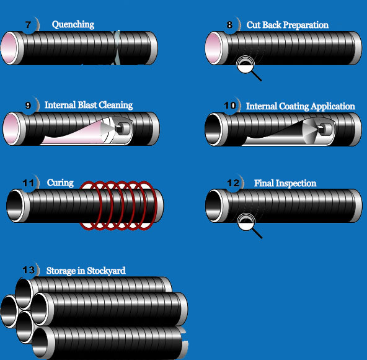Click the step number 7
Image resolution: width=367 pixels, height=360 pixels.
tap(28, 25)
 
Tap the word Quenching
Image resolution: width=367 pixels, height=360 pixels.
tap(73, 25)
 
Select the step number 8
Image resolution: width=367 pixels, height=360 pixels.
tap(229, 25)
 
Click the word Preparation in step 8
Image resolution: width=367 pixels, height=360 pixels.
tap(305, 25)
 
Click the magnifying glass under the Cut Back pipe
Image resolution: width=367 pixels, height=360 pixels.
tap(247, 66)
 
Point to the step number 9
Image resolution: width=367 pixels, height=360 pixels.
tap(28, 106)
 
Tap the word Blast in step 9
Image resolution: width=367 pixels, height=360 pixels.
tap(87, 105)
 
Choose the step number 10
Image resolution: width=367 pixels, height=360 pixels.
tap(230, 106)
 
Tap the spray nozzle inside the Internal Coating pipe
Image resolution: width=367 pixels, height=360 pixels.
tap(324, 128)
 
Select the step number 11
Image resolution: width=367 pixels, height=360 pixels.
tap(28, 183)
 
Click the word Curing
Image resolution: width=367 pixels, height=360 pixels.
tap(60, 183)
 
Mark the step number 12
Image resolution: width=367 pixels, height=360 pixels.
tap(233, 183)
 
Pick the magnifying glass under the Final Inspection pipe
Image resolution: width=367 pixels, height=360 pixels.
tap(248, 224)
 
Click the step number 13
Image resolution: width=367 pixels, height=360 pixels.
tap(29, 270)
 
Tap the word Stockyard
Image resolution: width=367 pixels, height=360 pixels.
tap(106, 271)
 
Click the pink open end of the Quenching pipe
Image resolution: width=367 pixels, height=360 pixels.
tap(10, 48)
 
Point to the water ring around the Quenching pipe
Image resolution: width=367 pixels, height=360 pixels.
tap(117, 48)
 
